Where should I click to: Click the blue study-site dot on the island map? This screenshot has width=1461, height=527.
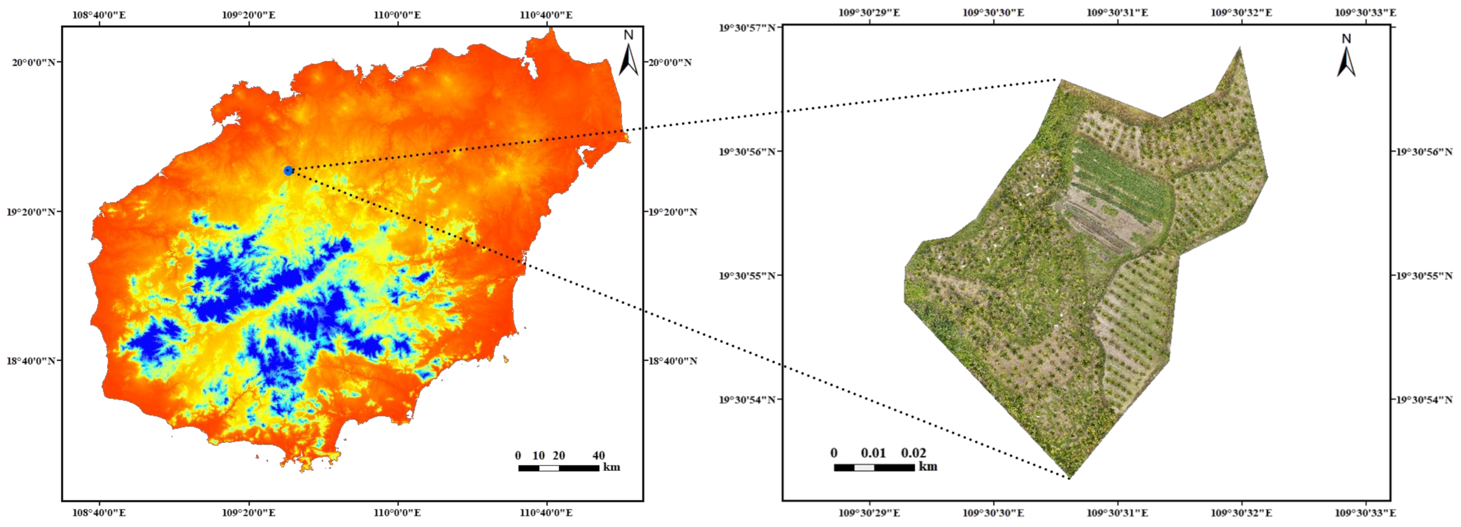(288, 170)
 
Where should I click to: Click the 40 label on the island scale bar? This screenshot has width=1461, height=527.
(598, 455)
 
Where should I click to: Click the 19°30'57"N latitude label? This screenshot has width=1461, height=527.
(748, 27)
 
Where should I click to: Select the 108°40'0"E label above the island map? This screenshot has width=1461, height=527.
(99, 14)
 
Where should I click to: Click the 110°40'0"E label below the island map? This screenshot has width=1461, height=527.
(546, 513)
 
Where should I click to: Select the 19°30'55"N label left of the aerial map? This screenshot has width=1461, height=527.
(748, 276)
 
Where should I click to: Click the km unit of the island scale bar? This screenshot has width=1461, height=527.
(611, 467)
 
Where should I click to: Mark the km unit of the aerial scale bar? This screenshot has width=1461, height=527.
(928, 466)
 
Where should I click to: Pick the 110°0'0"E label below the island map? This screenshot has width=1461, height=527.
(397, 513)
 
